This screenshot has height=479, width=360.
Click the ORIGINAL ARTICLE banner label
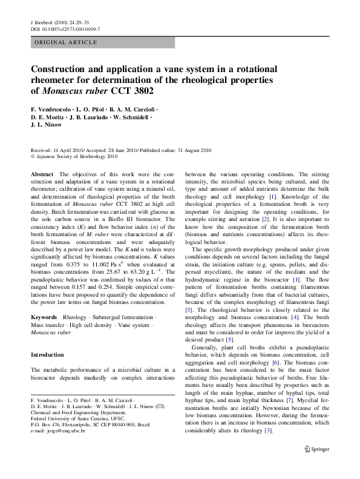66,42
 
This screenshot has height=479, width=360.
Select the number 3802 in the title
141,91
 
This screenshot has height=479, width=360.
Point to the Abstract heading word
42,174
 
